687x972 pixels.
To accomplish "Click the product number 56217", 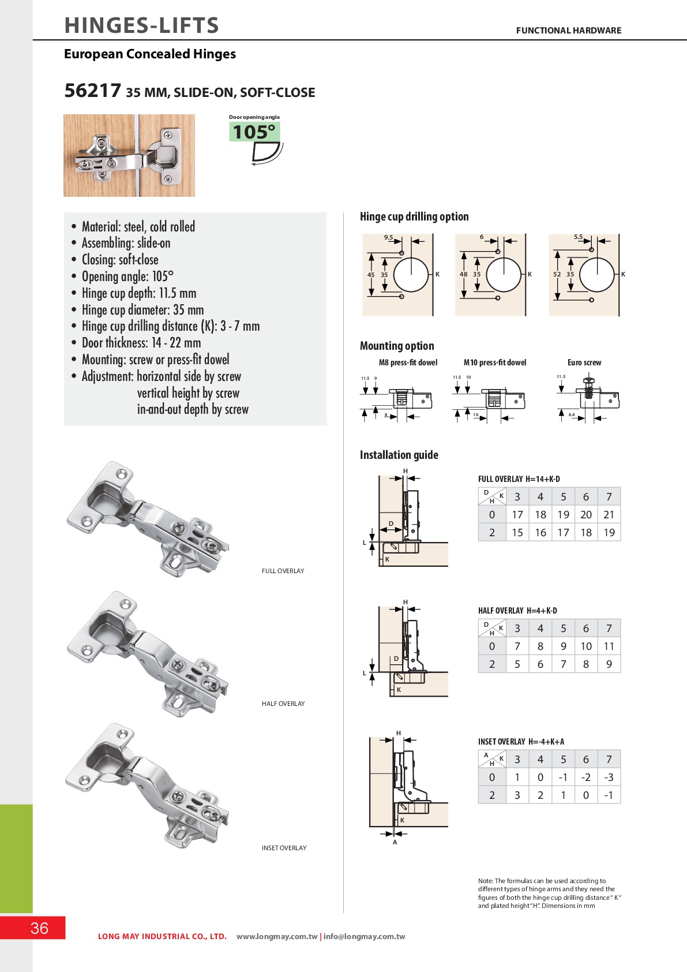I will (92, 91).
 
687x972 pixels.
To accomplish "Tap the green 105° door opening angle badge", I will (254, 132).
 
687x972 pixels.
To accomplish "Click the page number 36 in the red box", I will (39, 928).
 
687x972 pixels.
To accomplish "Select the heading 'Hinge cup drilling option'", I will (414, 216).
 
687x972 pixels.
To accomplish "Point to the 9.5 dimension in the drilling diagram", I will (388, 237).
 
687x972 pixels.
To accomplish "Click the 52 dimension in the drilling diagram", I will (557, 274).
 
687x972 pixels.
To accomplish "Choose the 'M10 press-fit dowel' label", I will (495, 362).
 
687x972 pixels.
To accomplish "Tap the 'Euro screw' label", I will (584, 362).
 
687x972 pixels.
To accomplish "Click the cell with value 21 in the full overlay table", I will (609, 514).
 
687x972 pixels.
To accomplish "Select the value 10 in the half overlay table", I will (586, 646).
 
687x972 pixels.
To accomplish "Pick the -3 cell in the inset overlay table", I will (609, 777).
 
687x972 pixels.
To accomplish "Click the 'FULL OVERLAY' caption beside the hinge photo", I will (283, 571).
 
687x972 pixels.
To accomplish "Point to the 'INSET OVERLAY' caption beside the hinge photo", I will (284, 848).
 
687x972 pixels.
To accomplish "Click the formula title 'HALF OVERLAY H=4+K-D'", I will (517, 611).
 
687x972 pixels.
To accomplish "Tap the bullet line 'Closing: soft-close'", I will (120, 260).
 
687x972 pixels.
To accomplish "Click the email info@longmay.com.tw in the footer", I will (365, 936).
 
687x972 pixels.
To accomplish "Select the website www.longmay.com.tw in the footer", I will (277, 936).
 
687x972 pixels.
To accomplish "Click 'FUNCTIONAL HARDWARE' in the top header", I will (568, 31).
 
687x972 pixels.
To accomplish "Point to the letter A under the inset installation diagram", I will (395, 842).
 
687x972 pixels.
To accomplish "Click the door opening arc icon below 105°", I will (266, 154).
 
